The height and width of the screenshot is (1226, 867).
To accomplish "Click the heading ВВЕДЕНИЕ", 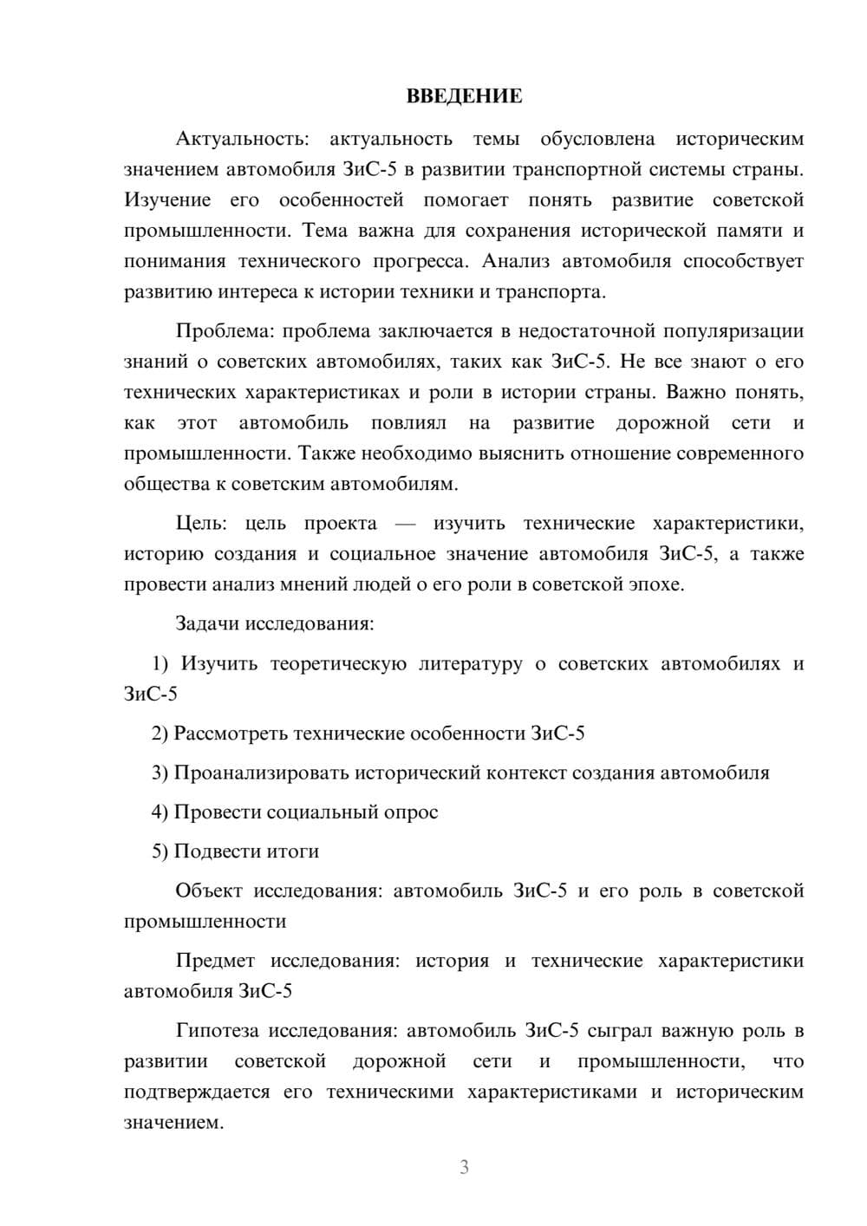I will pos(464,96).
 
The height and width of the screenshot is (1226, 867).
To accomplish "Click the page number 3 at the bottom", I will pos(464,1167).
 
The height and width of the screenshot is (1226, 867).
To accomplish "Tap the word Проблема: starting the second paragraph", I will pos(225,331).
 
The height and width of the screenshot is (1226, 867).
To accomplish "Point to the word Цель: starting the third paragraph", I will pos(201,524).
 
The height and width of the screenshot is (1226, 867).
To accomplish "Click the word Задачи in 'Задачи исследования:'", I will pos(208,623).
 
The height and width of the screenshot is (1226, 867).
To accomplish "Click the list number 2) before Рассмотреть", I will pos(160,734).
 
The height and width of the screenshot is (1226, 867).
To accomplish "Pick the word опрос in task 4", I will pos(414,812).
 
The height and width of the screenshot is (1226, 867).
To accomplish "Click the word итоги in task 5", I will pos(296,851).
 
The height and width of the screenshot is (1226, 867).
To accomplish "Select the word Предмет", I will pos(215,961).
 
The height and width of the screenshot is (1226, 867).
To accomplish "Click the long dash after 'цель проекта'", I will pos(405,525).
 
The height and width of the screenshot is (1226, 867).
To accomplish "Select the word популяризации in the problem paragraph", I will pos(733,331).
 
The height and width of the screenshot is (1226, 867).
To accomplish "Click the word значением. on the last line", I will pos(173,1123).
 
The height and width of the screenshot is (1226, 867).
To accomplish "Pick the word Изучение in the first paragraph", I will pos(167,200).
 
